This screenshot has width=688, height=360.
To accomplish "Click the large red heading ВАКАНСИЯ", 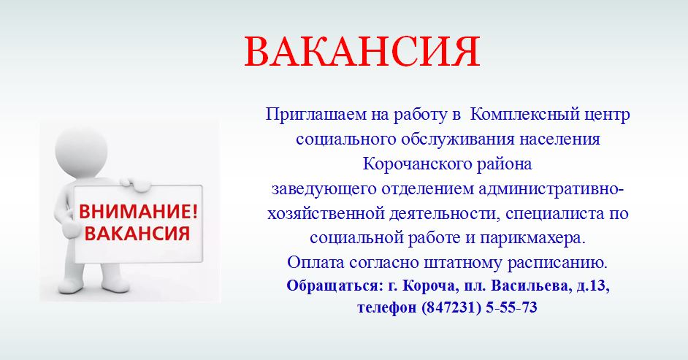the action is coord(362,52).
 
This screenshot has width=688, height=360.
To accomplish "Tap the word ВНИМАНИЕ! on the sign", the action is coord(138,212).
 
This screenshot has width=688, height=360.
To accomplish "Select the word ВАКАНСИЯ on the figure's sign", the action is coord(137,233).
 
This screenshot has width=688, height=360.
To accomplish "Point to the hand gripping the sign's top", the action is coord(135,184).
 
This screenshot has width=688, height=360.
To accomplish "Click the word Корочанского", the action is coord(410,164).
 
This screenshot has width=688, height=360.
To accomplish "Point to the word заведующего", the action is coord(324,189).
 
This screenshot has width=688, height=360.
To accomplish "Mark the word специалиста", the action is coord(554,214).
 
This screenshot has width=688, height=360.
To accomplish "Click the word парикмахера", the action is coord(532,239).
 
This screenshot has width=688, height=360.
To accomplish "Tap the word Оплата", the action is coord(316,263).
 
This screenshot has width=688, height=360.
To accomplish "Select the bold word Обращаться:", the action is coord(335,286).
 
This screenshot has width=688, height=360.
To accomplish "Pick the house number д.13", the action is coord(592,286).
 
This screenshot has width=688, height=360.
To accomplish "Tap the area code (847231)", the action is coord(451,307).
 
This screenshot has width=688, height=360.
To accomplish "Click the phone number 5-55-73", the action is coord(511,307).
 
